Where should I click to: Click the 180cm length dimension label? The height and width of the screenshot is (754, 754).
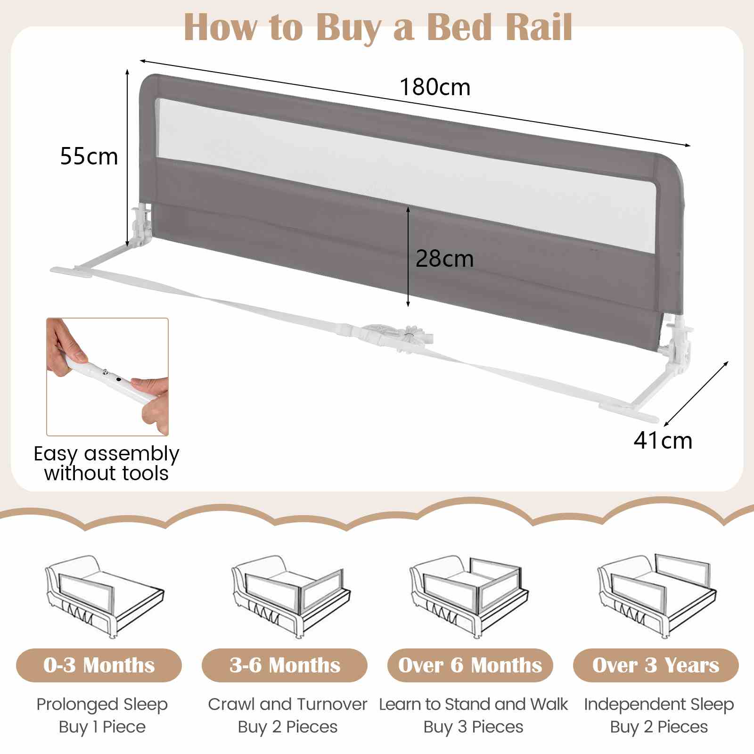(435, 87)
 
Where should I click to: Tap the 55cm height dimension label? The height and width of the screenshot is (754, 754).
(89, 156)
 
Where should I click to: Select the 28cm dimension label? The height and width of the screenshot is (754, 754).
(444, 259)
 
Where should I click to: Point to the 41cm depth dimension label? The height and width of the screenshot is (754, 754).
(663, 441)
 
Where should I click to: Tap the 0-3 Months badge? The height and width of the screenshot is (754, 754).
(99, 665)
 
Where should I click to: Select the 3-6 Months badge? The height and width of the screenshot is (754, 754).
(285, 665)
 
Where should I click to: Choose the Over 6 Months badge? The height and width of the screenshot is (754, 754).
(470, 665)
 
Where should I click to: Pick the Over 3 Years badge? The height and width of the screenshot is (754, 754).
(656, 665)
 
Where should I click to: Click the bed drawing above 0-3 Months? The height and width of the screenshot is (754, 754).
(105, 596)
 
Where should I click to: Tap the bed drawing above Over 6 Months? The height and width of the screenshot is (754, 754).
(469, 596)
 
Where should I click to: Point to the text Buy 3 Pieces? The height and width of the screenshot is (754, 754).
(473, 727)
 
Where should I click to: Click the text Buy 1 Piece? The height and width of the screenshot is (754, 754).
(102, 727)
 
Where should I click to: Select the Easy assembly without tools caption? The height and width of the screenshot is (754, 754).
(107, 463)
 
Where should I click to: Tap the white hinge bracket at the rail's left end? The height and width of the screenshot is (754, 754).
(141, 226)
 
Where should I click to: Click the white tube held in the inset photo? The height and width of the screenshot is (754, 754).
(111, 378)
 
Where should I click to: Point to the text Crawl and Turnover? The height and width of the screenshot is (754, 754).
(287, 704)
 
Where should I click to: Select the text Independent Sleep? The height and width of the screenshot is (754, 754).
(659, 704)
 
